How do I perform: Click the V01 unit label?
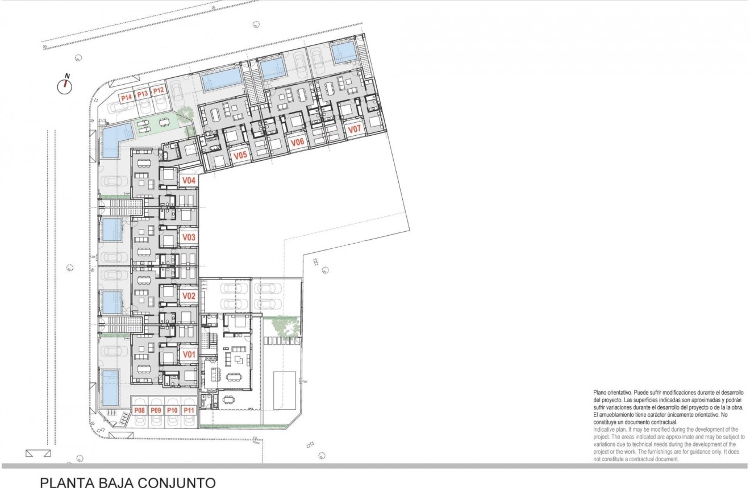point(189,354)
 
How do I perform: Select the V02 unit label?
point(189,296)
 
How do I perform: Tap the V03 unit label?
point(189,237)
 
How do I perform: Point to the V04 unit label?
point(189,180)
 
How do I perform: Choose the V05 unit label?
point(239,155)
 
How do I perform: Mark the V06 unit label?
point(297,143)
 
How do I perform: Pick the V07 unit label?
point(354,130)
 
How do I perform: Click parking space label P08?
point(139,410)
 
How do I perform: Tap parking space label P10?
point(173,410)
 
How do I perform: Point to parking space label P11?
point(190,410)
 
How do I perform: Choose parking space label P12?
point(159,90)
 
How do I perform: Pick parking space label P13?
point(142,94)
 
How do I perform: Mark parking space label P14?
point(126,98)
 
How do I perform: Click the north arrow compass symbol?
point(66,85)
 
